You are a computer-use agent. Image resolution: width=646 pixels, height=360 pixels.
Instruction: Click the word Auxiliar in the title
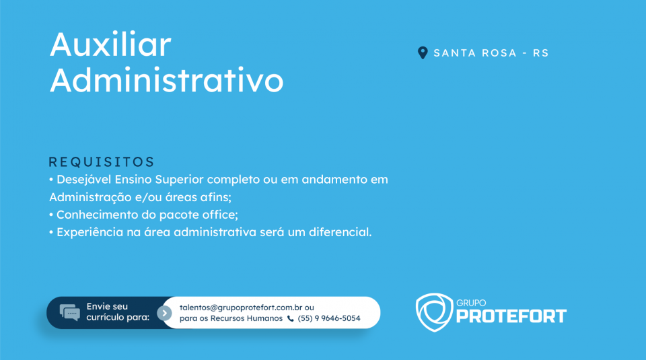110,44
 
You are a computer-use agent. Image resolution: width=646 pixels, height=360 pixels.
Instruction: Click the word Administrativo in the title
166,80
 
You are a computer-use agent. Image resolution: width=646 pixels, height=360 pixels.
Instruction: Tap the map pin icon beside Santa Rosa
423,52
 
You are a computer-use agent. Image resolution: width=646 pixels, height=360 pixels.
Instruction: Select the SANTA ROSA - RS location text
491,53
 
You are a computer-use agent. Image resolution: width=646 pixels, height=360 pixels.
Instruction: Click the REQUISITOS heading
102,162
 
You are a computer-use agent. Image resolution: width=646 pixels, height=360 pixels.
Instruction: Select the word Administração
90,197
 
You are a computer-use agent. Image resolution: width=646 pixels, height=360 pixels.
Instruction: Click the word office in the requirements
221,215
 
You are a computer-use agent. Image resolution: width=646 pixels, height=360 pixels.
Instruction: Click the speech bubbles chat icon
69,313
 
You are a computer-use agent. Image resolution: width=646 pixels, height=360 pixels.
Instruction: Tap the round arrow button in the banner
164,313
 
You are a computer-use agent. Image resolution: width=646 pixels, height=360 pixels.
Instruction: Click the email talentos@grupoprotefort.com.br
241,308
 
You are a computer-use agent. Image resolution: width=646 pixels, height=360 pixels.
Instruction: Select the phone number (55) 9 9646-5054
329,318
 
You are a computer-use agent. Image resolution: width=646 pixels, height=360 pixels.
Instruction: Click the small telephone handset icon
291,318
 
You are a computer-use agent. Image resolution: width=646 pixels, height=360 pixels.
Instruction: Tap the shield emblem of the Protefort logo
434,312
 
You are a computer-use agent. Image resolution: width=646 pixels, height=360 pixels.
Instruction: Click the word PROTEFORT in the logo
511,316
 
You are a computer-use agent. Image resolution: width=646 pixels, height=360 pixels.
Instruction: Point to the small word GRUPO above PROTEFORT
471,303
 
